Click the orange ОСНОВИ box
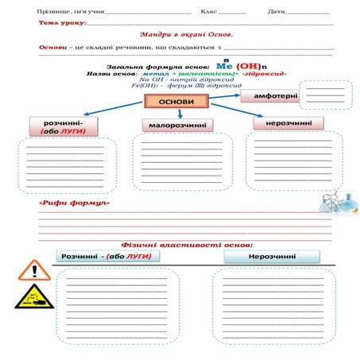(x=176, y=102)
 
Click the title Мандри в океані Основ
(x=185, y=35)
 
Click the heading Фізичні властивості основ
(x=187, y=245)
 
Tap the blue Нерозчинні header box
(x=272, y=257)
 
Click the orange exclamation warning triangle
(x=33, y=269)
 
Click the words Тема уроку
(x=58, y=24)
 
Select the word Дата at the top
(x=277, y=12)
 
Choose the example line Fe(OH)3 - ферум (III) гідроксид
(x=172, y=85)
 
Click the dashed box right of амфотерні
(x=326, y=94)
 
